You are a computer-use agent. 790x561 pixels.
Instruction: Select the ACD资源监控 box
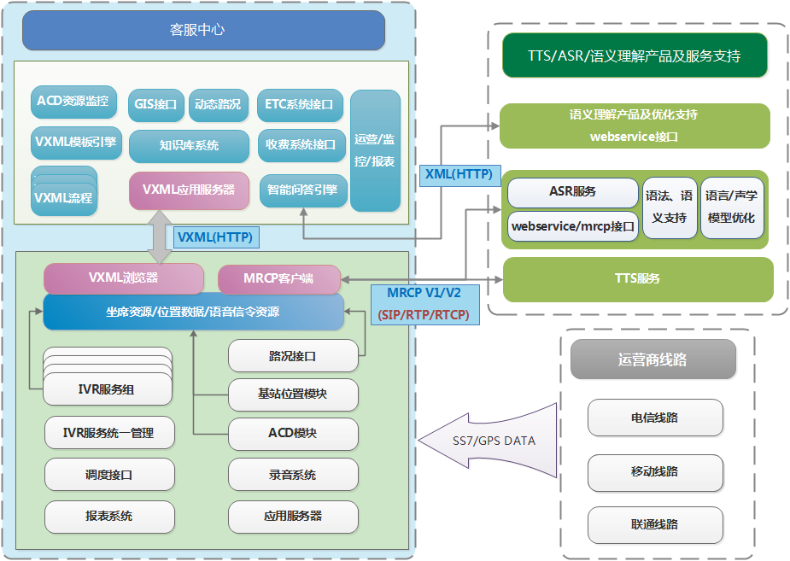tap(73, 102)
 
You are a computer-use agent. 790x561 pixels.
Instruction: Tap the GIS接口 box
tap(155, 105)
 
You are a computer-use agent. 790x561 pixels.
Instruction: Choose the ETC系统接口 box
tap(301, 105)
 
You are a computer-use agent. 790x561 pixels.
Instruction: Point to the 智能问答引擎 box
tap(302, 190)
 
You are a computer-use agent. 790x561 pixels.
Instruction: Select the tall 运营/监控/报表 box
tap(375, 149)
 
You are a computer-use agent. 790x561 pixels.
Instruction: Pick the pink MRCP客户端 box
tap(278, 279)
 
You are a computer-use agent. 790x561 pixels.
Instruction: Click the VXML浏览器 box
tap(124, 278)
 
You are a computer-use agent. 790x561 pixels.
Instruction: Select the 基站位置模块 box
tap(293, 394)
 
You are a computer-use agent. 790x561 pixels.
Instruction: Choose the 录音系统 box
tap(293, 475)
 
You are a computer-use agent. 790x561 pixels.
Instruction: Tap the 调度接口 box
tap(109, 475)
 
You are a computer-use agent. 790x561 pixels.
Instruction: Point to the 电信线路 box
tap(655, 418)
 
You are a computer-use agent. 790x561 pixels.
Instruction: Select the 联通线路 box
tap(655, 523)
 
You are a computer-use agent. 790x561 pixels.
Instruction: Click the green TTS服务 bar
tap(637, 279)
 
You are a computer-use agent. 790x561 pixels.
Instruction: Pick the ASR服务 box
tap(572, 192)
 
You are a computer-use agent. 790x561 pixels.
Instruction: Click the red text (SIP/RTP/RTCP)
tap(423, 315)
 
